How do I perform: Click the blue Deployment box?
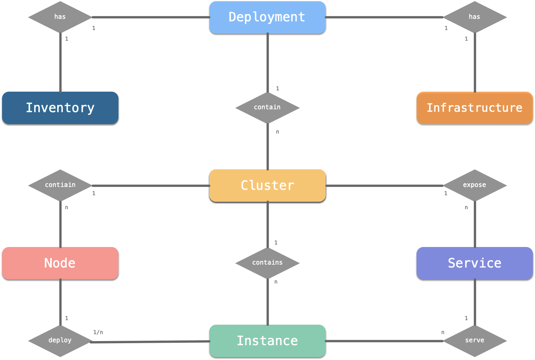(x=267, y=17)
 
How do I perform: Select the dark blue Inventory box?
(x=60, y=108)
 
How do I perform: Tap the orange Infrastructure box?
(x=475, y=108)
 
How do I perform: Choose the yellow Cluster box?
(x=267, y=186)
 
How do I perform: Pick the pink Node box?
(x=60, y=263)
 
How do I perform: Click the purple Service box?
(x=475, y=263)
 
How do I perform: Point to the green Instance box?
(x=267, y=341)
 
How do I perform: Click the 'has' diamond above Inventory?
(x=60, y=17)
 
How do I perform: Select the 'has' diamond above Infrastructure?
(x=475, y=17)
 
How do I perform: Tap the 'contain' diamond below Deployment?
(x=267, y=108)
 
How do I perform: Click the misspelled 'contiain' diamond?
(x=60, y=185)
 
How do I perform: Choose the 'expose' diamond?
(x=475, y=185)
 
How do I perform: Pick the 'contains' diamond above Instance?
(x=267, y=263)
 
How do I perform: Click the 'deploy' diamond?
(x=60, y=341)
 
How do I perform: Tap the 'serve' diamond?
(x=475, y=341)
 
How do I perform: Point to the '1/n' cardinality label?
(x=98, y=332)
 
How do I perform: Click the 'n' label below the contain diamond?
(x=277, y=132)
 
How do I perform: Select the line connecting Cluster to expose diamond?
(x=384, y=185)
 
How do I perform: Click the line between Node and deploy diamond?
(x=60, y=302)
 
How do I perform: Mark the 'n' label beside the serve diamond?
(x=442, y=332)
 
